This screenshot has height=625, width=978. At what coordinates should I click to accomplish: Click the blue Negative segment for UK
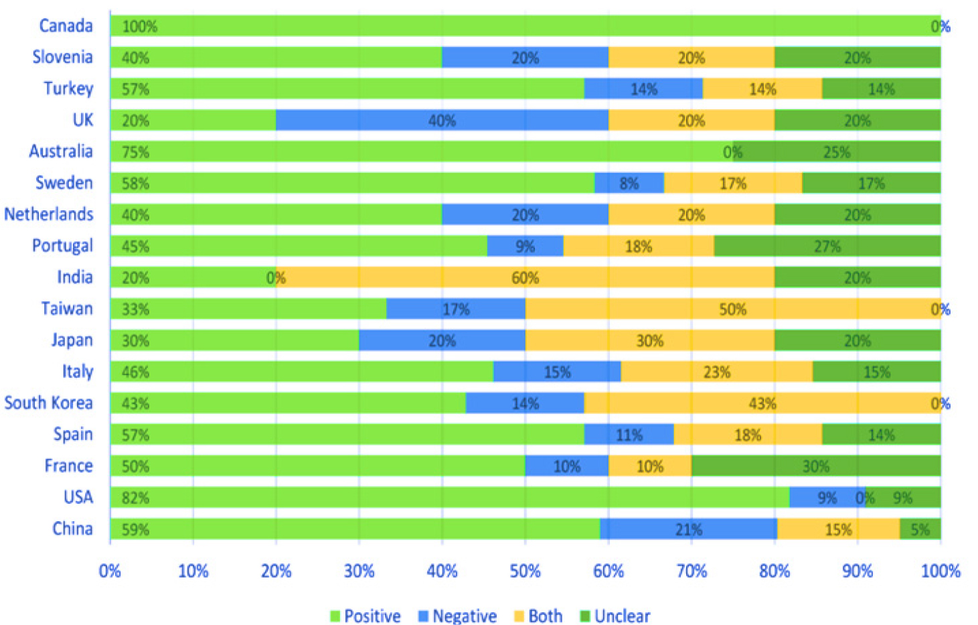[x=442, y=121]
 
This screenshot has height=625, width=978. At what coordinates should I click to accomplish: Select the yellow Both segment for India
[x=525, y=277]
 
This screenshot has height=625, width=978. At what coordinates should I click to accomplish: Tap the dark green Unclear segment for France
[x=815, y=466]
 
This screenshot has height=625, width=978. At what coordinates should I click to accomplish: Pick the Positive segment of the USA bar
[x=449, y=498]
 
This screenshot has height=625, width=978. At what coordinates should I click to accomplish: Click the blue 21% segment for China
[x=688, y=529]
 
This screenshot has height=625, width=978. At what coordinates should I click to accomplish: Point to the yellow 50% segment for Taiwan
[x=732, y=309]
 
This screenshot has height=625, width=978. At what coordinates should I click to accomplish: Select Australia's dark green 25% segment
[x=837, y=152]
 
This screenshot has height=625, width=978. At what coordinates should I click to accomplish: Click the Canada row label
[x=66, y=26]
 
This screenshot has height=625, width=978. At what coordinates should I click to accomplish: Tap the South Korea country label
[x=48, y=403]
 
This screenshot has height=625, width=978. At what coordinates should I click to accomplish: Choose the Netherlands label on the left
[x=48, y=214]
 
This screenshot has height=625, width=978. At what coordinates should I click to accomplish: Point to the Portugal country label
[x=62, y=246]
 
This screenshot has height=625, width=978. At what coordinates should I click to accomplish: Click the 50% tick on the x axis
[x=525, y=571]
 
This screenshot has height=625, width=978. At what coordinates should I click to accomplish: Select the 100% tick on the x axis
[x=941, y=571]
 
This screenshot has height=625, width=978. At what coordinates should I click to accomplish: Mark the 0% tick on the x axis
[x=110, y=571]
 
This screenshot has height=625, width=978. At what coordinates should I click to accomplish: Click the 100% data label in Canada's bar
[x=139, y=27]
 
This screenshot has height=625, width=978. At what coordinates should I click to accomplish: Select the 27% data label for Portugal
[x=827, y=247]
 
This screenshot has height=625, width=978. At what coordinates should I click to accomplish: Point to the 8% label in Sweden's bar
[x=629, y=184]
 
